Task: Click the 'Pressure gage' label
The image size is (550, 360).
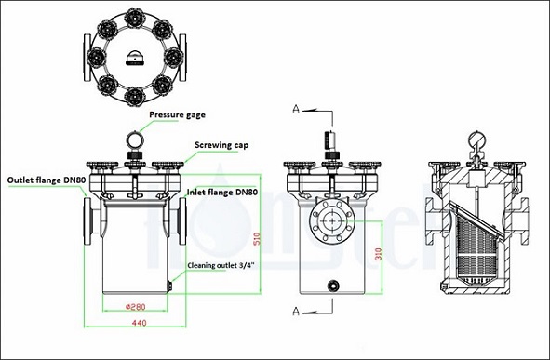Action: [x=172, y=115]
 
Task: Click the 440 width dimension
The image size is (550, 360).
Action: [x=139, y=322]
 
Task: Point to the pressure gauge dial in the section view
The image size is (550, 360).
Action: [x=476, y=140]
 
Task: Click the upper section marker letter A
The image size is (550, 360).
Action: [x=295, y=110]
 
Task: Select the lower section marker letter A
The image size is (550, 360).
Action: [x=295, y=309]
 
